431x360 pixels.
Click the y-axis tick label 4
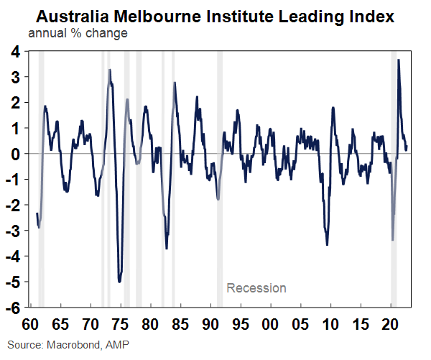[14, 51]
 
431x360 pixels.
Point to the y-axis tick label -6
[12, 307]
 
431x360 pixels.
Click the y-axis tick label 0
[14, 154]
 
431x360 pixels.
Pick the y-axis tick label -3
[12, 230]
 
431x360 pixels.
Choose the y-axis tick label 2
[14, 102]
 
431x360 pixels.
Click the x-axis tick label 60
[31, 322]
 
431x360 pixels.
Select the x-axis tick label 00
[272, 322]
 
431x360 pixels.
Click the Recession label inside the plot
[256, 288]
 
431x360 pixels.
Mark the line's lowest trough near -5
[119, 281]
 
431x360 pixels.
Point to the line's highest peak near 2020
[399, 60]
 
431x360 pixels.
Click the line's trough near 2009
[328, 244]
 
